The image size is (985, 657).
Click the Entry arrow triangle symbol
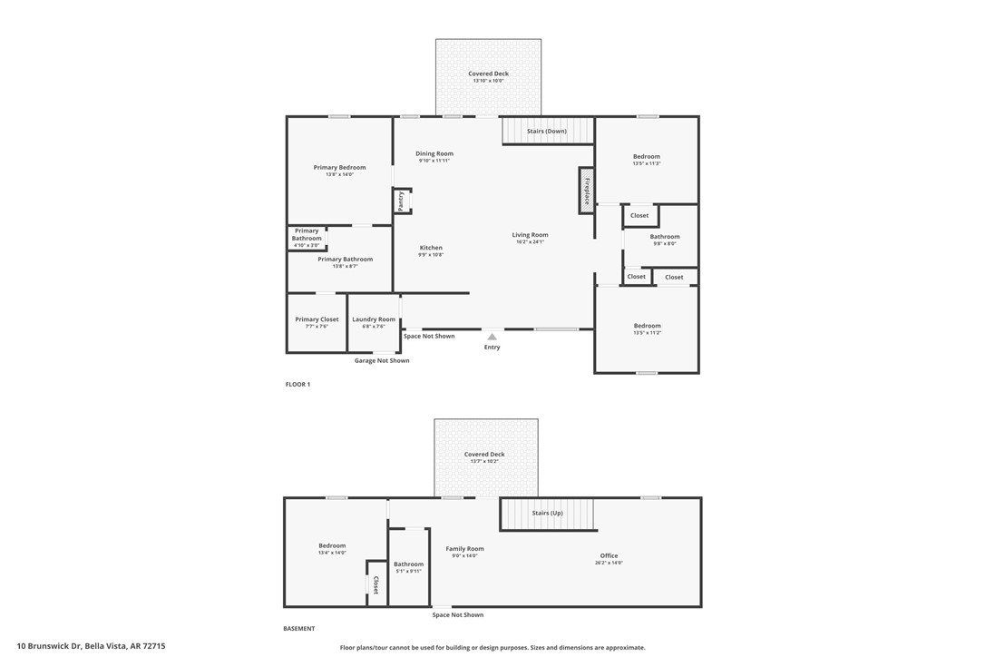(x=492, y=337)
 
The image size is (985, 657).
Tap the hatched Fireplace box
(x=587, y=191)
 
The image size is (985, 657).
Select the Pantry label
(x=401, y=201)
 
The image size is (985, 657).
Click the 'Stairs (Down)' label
(x=547, y=132)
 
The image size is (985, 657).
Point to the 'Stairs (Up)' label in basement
(x=547, y=513)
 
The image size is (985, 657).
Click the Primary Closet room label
(x=317, y=319)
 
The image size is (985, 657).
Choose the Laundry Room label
(x=374, y=319)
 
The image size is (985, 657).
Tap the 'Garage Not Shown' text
(x=381, y=360)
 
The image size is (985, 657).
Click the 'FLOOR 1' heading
(x=297, y=385)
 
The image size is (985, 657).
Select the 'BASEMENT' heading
(x=298, y=629)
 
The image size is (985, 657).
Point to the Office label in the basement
(x=609, y=555)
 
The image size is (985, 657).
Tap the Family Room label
(x=464, y=549)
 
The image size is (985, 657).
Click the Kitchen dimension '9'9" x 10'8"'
(x=431, y=255)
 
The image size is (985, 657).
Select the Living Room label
(x=530, y=235)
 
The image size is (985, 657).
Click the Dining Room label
(x=434, y=153)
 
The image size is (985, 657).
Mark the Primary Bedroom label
(x=339, y=167)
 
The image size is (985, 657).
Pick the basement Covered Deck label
(x=484, y=455)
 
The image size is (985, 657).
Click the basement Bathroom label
(x=408, y=564)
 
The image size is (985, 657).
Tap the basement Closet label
(x=375, y=585)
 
